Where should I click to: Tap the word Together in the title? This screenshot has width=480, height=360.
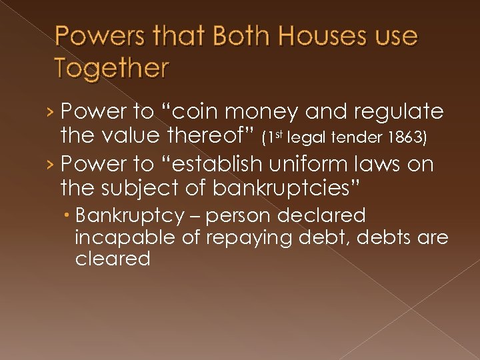tap(112, 67)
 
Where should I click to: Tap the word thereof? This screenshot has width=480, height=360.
tap(211, 137)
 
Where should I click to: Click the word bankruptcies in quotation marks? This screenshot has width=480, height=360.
tap(286, 189)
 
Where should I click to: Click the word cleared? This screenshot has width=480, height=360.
tap(113, 259)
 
